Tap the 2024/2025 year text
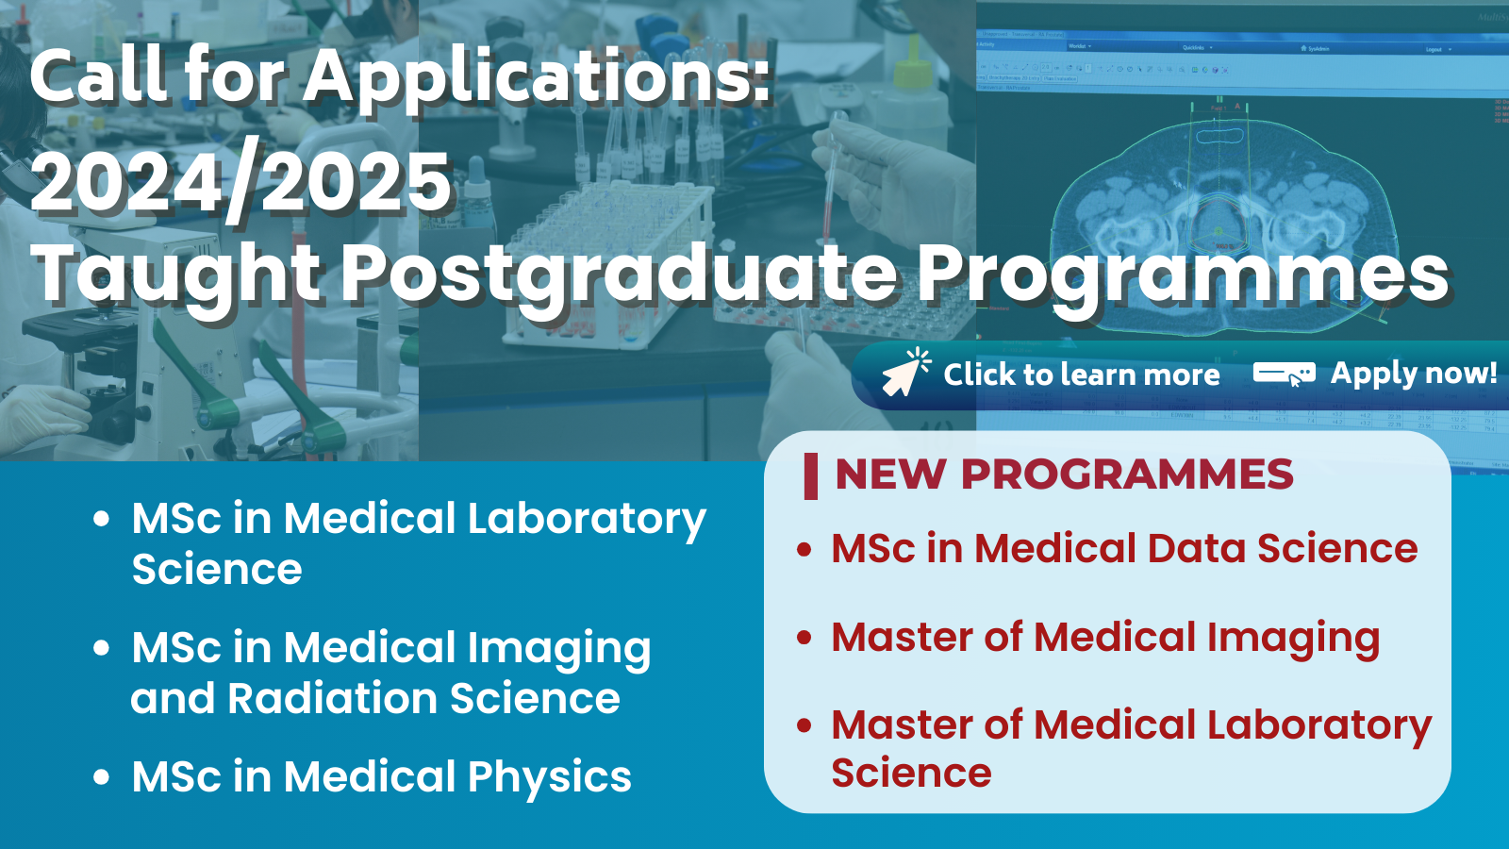point(240,180)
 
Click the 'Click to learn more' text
point(1081,375)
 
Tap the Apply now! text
point(1414,374)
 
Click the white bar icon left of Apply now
point(1284,374)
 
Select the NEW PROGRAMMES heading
point(1065,474)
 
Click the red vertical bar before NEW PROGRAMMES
point(811,476)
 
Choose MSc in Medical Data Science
point(1124,548)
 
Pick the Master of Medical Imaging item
point(1105,638)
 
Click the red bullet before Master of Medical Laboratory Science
point(804,725)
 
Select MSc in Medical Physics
point(381,777)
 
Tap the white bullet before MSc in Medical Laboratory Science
point(102,518)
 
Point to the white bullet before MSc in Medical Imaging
point(102,647)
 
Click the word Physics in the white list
point(550,778)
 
